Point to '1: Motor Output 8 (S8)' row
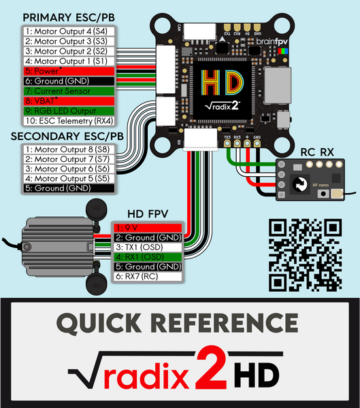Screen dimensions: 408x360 point(67,148)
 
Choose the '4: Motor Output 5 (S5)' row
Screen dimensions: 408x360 point(67,178)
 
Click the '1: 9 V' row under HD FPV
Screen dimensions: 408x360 point(146,228)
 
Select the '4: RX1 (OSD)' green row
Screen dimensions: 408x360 point(146,257)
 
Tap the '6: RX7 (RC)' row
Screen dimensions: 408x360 point(146,277)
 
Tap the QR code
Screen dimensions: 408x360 point(305,255)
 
